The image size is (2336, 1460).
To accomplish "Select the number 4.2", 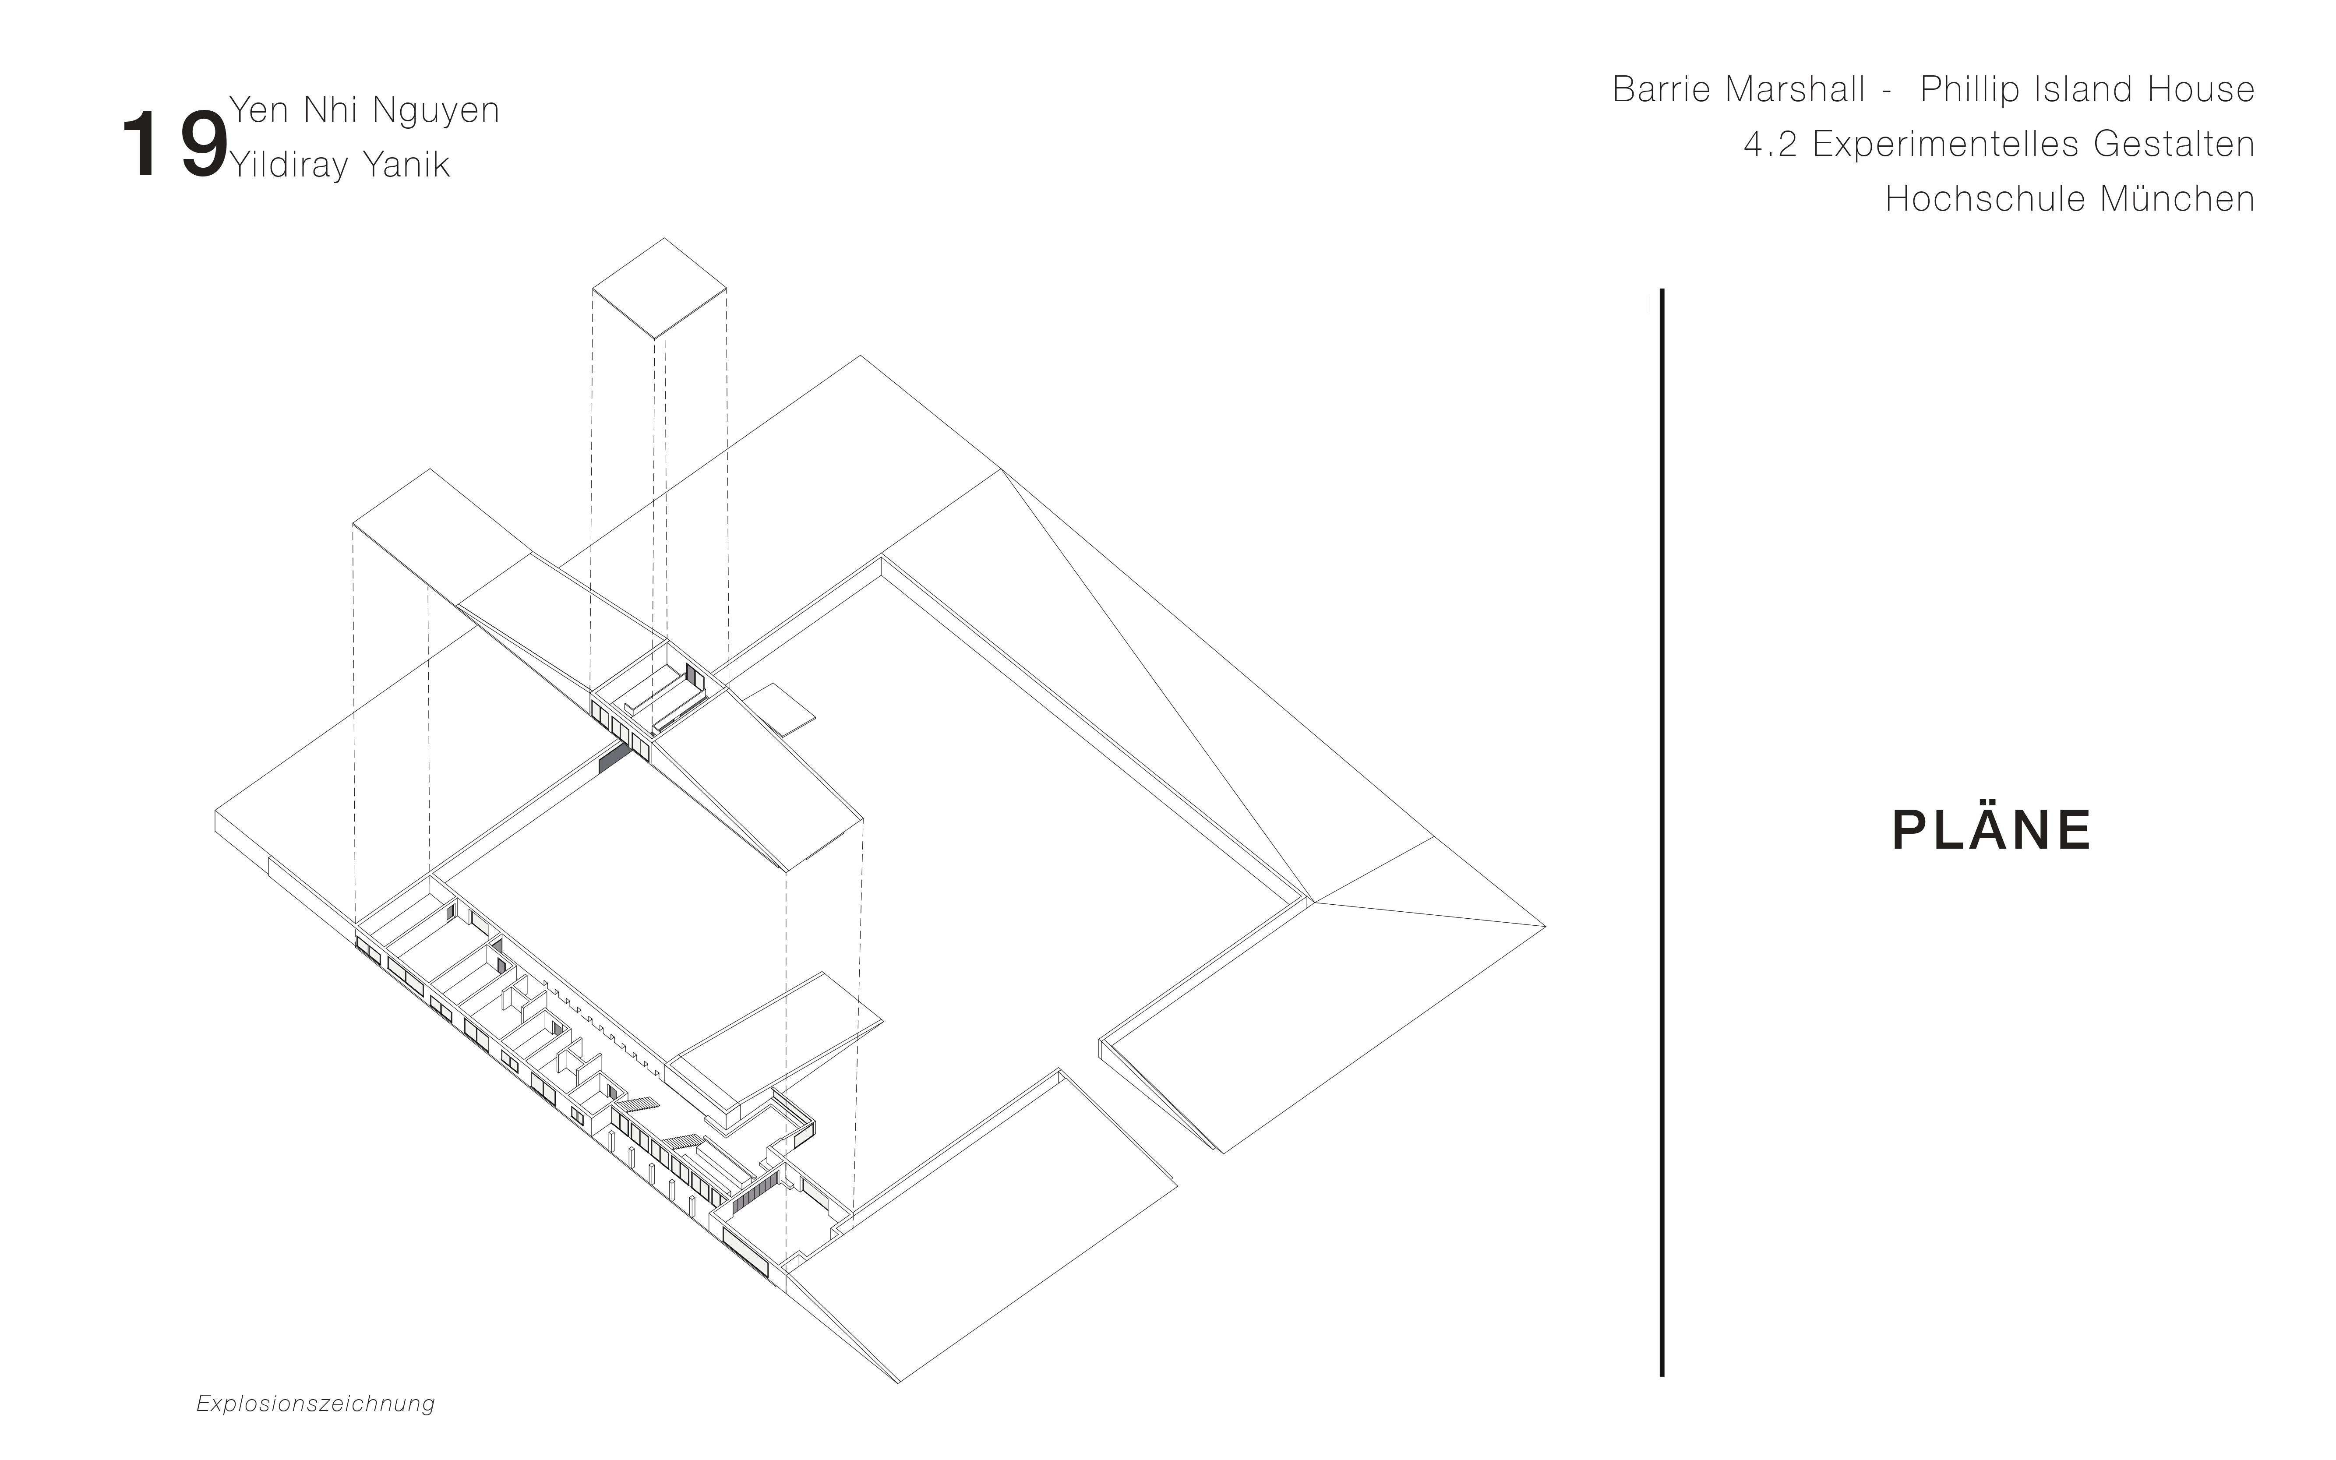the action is coord(1770,145).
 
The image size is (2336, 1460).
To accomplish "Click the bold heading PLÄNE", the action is coord(1991,830).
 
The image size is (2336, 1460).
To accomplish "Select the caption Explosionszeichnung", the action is coord(316,1403).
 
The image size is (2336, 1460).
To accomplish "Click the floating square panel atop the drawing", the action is coord(659,288).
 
